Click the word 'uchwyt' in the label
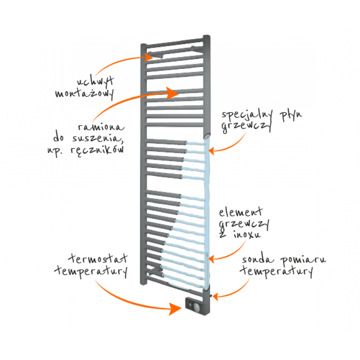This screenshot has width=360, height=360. point(95,81)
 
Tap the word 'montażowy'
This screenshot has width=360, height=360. point(84,94)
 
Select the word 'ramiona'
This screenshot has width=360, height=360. point(101,127)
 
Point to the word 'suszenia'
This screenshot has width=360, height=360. point(98,139)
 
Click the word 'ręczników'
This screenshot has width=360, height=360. point(97,150)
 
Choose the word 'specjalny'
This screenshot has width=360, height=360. point(247,115)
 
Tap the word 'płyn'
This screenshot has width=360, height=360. point(291,115)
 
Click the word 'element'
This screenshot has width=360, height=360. point(240,212)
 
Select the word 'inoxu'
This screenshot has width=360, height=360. point(247,234)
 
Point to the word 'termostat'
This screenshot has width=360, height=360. point(98,258)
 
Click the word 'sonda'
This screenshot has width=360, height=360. point(258,260)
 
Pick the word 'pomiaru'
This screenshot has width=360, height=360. point(303,261)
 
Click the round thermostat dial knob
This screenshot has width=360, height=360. point(196,307)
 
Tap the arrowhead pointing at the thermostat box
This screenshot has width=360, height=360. point(175,309)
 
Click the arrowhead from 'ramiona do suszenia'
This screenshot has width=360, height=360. point(172,93)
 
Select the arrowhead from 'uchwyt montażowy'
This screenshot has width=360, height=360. point(149,57)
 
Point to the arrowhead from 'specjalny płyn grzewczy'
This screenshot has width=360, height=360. point(211,151)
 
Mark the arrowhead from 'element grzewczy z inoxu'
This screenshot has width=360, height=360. point(211,259)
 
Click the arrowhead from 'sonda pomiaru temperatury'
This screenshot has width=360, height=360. point(216,297)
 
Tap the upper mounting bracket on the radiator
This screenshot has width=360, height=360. point(156,55)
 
